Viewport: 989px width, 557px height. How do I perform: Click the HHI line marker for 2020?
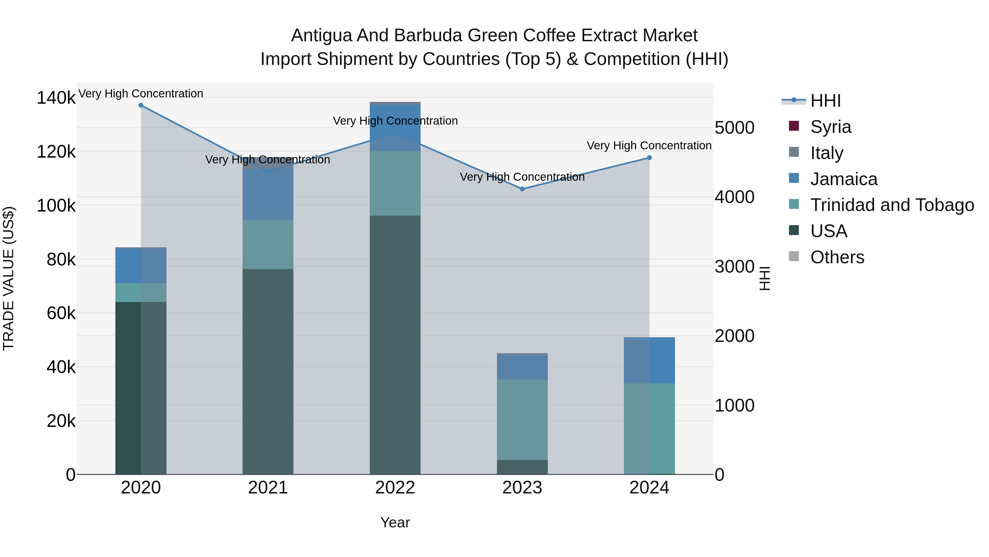141,105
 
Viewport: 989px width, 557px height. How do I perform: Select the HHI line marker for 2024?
649,158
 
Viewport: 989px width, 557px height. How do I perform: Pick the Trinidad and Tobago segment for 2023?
522,419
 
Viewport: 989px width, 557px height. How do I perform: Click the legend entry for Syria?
830,127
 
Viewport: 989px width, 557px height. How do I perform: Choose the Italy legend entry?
827,153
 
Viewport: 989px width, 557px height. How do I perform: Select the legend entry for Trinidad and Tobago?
892,205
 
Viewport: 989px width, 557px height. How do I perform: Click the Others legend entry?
837,257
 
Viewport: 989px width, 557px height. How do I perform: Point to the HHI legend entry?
826,101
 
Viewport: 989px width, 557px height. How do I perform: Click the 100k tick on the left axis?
56,206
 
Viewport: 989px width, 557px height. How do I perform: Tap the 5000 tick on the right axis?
734,128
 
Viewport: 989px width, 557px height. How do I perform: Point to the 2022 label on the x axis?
395,488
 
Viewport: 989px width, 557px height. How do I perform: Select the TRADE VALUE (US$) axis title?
9,278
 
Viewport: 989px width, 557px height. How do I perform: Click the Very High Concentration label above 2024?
649,146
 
